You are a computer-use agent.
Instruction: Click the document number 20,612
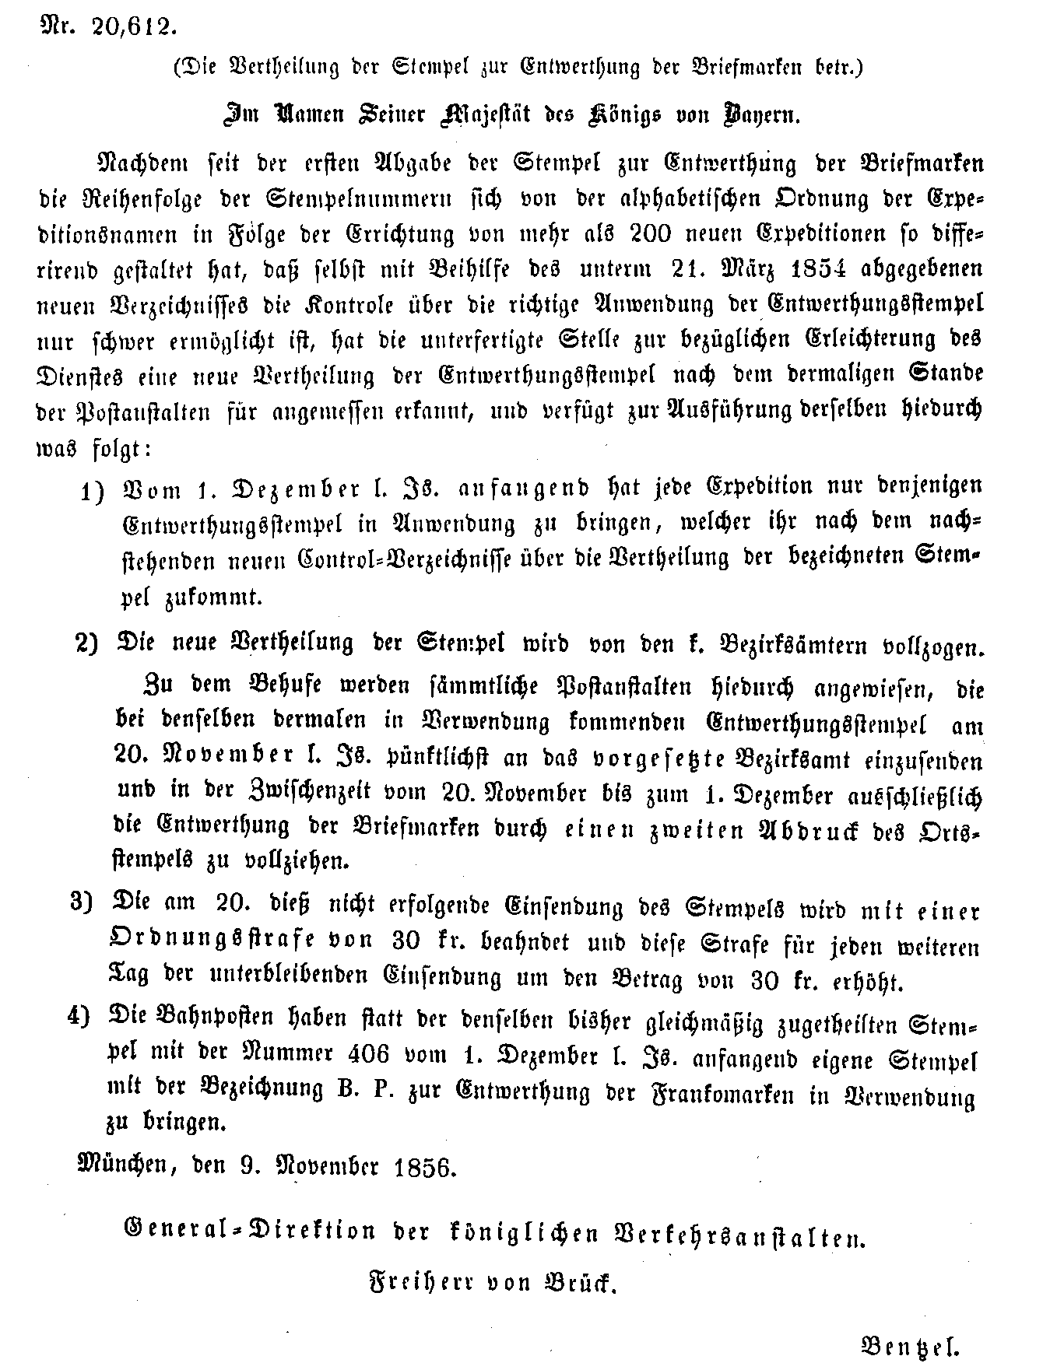pyautogui.click(x=132, y=27)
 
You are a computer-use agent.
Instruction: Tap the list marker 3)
pyautogui.click(x=82, y=903)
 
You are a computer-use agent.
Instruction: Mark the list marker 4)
pyautogui.click(x=82, y=1015)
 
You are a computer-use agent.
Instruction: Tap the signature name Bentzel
pyautogui.click(x=909, y=1345)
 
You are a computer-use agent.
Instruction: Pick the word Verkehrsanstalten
pyautogui.click(x=739, y=1232)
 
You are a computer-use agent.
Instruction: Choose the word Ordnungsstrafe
pyautogui.click(x=215, y=941)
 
